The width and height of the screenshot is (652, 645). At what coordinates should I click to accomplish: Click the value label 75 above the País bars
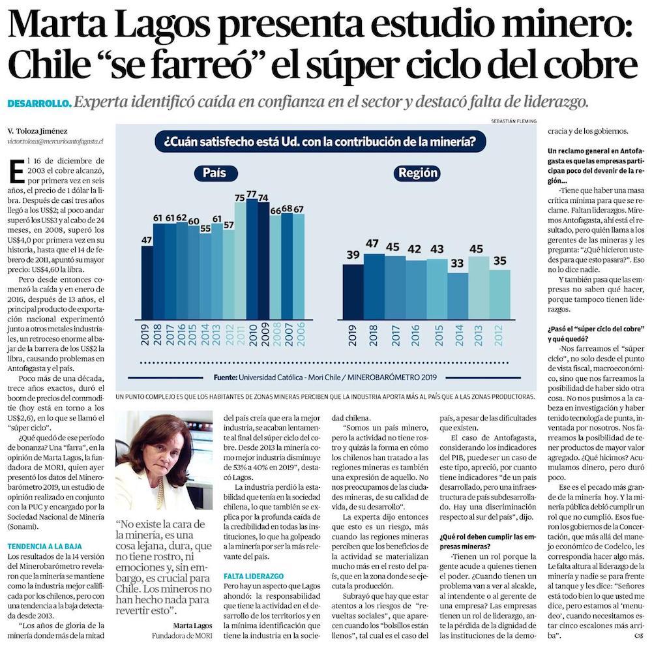240,198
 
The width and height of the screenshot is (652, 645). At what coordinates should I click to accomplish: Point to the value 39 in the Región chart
353,256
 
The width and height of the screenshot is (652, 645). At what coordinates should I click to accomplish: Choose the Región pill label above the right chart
417,173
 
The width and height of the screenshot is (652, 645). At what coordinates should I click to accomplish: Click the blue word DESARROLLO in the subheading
39,104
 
